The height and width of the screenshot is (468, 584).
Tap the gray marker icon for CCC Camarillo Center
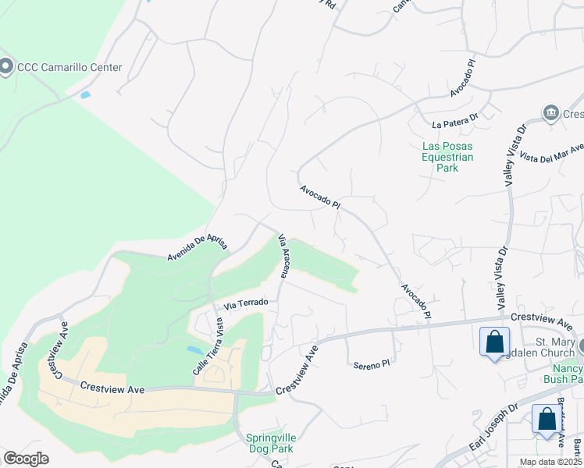[6, 67]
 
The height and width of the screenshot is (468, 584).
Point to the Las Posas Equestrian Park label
[447, 156]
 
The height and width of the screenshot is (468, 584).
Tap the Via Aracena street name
[286, 255]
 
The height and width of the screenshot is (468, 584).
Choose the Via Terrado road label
[246, 302]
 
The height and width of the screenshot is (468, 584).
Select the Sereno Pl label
[370, 364]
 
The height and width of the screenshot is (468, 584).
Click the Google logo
[26, 459]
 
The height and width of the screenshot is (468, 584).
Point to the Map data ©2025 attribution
[550, 462]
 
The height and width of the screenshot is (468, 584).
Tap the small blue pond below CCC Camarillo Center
[85, 95]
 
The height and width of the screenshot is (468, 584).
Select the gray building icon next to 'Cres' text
[551, 114]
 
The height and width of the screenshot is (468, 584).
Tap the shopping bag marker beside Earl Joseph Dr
[547, 419]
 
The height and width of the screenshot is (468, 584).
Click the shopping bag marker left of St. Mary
[494, 342]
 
